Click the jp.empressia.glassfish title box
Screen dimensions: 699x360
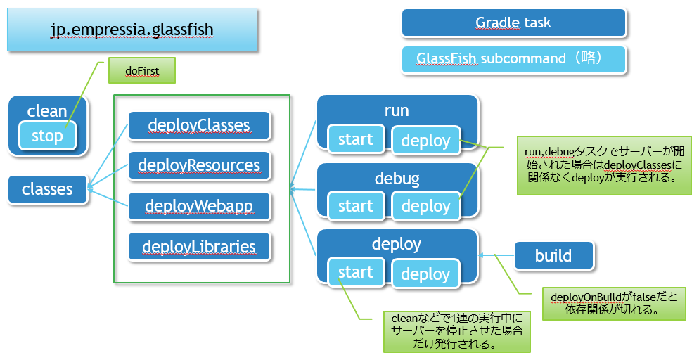(x=132, y=30)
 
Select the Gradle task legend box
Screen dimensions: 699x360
(x=514, y=22)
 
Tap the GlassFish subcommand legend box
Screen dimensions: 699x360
(x=514, y=59)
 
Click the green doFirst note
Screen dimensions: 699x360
(x=142, y=70)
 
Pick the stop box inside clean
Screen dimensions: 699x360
(x=47, y=136)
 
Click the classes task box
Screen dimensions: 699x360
(x=48, y=189)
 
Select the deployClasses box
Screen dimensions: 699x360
(x=199, y=125)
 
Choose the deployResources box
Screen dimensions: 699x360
(x=199, y=165)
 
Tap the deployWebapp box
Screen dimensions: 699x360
(x=199, y=206)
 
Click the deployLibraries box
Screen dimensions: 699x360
(x=199, y=246)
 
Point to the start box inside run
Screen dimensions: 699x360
(x=356, y=139)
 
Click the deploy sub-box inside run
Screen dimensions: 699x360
(x=425, y=141)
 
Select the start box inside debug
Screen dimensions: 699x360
(x=356, y=206)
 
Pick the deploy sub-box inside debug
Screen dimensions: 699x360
(x=425, y=206)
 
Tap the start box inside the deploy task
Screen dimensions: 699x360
(x=356, y=272)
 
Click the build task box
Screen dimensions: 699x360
(x=553, y=256)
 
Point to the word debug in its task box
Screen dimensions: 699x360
(x=397, y=179)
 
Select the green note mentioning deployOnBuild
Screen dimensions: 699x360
(x=614, y=304)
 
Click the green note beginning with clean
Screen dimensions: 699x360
(x=457, y=331)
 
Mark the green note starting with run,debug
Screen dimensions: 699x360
(x=604, y=165)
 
